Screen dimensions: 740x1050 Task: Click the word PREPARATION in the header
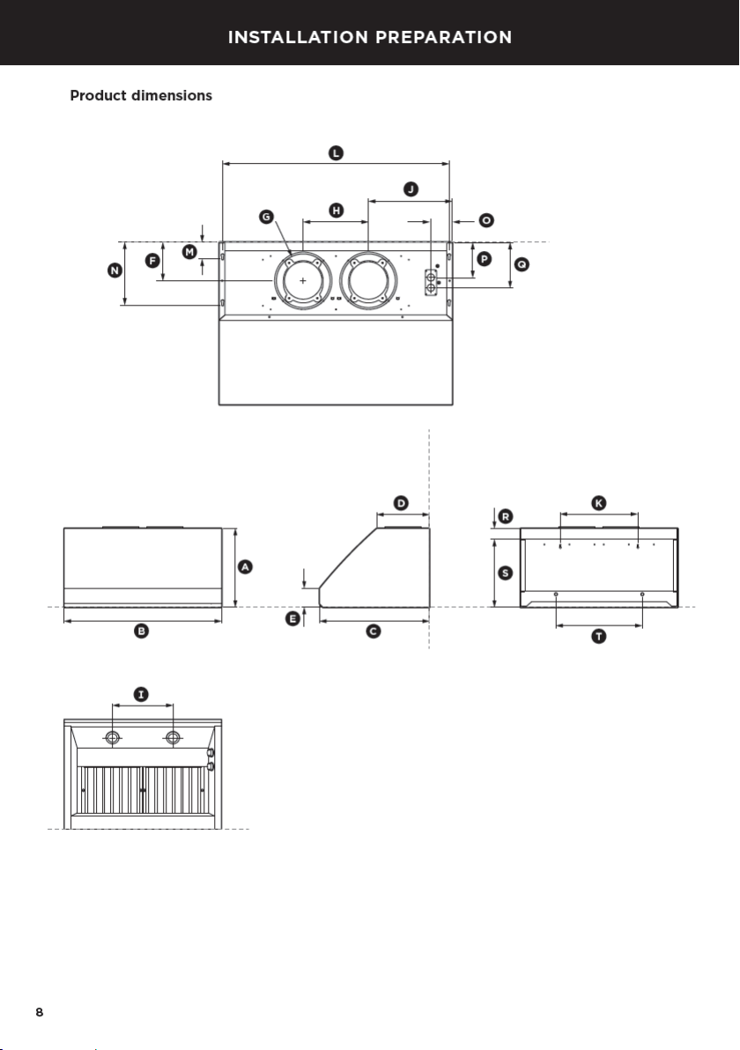(x=444, y=37)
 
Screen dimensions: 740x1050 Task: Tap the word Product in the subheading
(x=99, y=96)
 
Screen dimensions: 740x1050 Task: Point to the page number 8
(x=40, y=1012)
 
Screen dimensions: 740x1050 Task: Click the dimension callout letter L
(x=337, y=152)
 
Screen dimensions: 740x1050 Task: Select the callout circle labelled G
(x=267, y=217)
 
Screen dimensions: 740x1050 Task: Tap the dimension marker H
(x=337, y=211)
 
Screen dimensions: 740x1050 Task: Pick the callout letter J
(x=411, y=189)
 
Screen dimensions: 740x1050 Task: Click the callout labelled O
(x=487, y=220)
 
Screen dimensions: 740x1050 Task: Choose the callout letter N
(x=115, y=270)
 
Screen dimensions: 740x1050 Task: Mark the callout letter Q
(x=521, y=264)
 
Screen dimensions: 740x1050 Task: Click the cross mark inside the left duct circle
(x=303, y=281)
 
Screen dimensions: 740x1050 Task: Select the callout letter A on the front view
(x=245, y=567)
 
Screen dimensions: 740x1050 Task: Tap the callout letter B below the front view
(x=141, y=631)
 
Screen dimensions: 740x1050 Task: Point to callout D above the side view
(x=401, y=503)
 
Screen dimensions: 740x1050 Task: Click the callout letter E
(x=292, y=618)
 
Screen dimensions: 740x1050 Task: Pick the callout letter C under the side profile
(x=373, y=631)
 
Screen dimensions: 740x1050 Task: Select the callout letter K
(x=599, y=503)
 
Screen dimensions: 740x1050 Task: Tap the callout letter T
(x=599, y=636)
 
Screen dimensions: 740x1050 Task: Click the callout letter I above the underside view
(x=141, y=694)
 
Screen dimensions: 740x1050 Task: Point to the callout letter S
(x=506, y=573)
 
